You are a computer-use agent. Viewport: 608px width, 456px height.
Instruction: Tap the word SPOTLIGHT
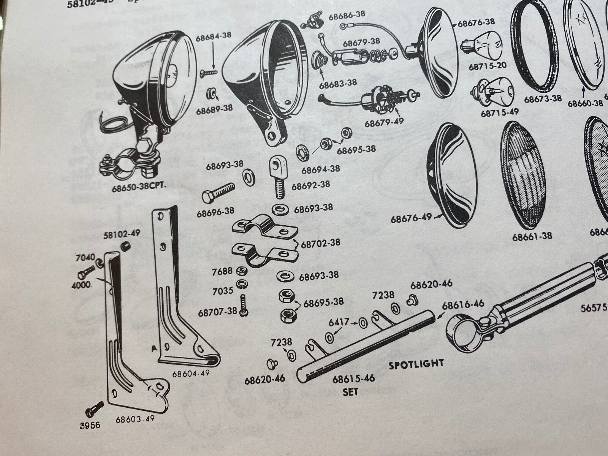pos(416,364)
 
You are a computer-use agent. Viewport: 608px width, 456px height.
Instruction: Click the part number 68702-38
pos(321,242)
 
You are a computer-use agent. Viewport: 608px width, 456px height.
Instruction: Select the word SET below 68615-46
pos(350,391)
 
